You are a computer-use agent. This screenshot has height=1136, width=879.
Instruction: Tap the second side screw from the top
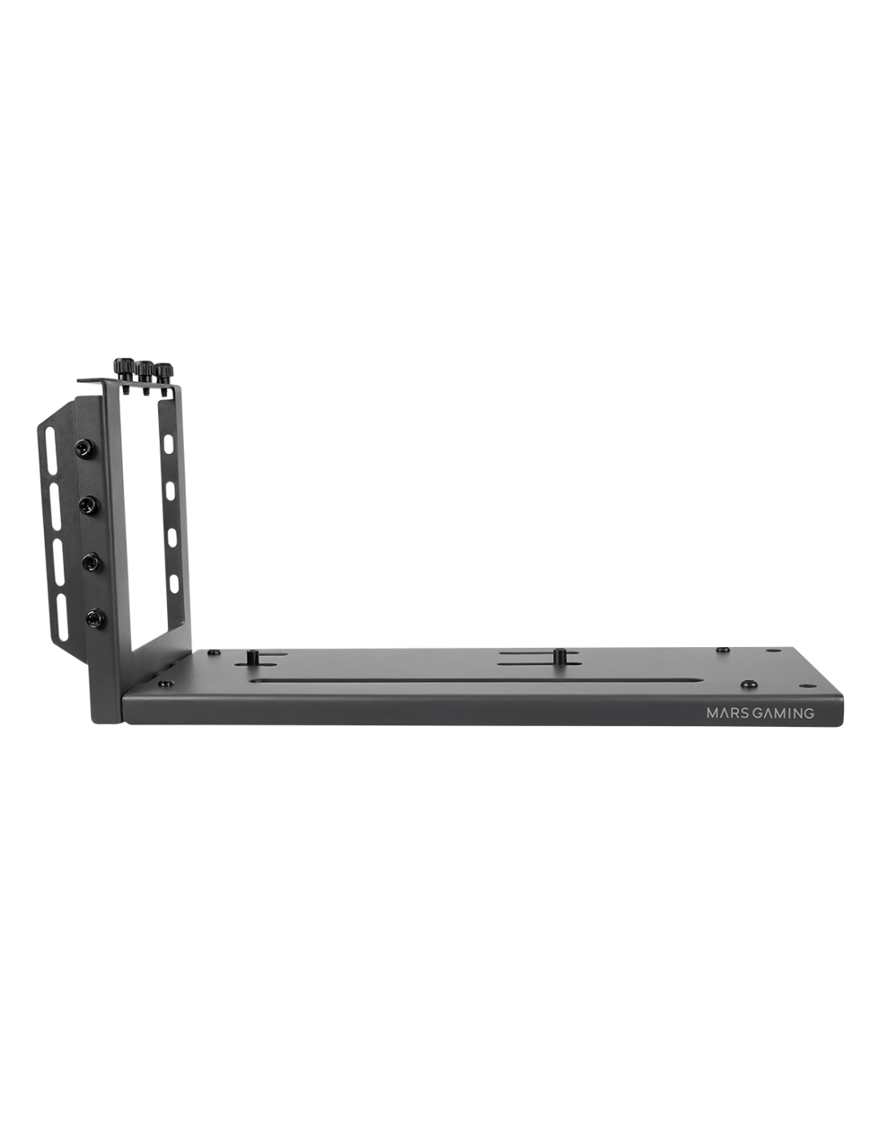87,505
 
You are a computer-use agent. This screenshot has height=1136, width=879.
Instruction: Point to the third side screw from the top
91,562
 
